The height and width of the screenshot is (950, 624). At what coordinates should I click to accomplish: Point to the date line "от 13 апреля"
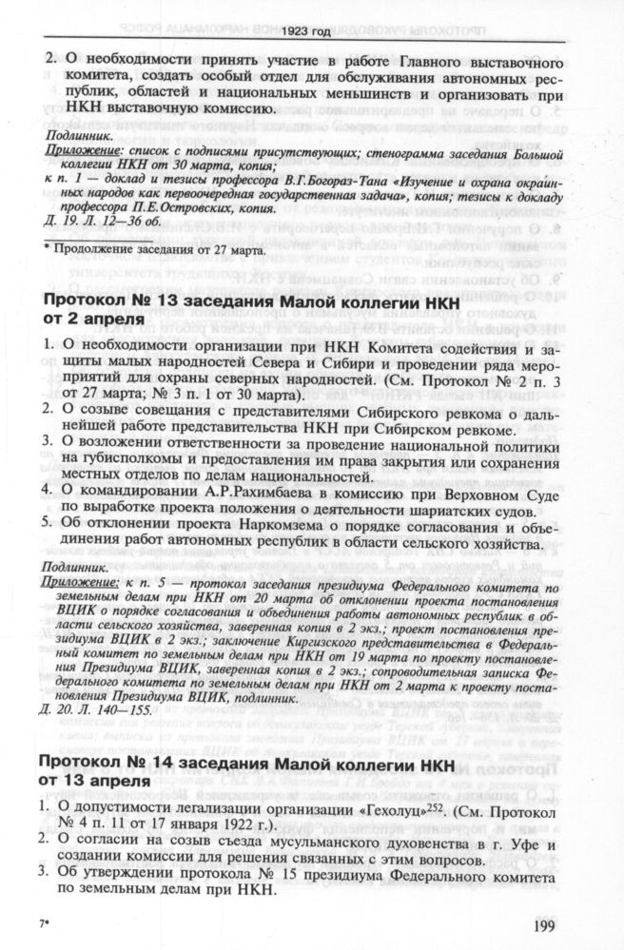(x=91, y=781)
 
